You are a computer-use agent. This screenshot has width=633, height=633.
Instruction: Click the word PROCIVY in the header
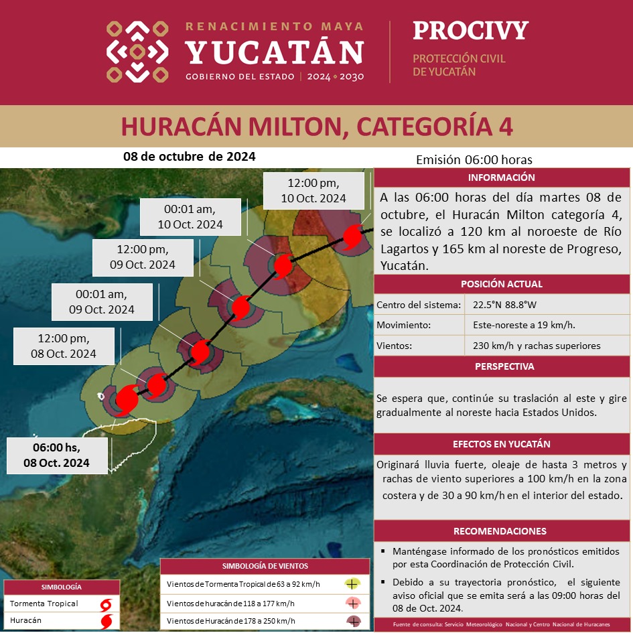pos(470,31)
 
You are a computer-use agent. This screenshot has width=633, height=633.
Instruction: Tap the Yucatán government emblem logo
pos(137,52)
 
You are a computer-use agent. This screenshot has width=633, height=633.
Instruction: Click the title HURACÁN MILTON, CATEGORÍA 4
pos(316,126)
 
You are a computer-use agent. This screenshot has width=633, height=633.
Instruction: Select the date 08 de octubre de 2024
pos(190,157)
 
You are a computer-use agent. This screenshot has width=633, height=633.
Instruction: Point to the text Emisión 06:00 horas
pos(474,160)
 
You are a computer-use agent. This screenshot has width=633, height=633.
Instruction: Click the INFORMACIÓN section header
pos(502,178)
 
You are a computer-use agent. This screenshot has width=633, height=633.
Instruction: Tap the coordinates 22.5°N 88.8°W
pos(504,305)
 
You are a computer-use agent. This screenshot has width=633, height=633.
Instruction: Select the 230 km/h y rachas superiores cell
pos(536,346)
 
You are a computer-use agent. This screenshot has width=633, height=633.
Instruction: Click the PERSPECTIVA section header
pos(502,366)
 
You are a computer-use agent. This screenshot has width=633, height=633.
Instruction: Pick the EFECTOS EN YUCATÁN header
pos(502,444)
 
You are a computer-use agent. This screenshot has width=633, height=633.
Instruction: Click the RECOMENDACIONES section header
pos(502,531)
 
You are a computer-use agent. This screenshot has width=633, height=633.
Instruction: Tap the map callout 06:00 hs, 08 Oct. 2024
pos(57,455)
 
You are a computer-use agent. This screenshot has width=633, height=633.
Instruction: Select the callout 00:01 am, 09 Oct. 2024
pos(102,301)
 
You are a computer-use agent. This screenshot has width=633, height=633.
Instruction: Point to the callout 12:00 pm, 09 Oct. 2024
pos(143,257)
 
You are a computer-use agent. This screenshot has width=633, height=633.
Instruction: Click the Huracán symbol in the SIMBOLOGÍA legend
pos(106,621)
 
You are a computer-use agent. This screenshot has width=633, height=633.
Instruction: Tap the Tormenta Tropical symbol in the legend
pos(106,604)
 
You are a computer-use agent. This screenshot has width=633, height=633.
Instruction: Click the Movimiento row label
pos(403,326)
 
